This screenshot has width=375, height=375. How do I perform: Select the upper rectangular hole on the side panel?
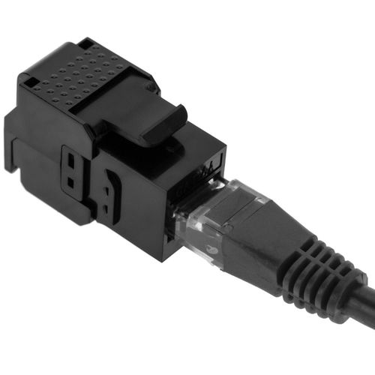(71, 162)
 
